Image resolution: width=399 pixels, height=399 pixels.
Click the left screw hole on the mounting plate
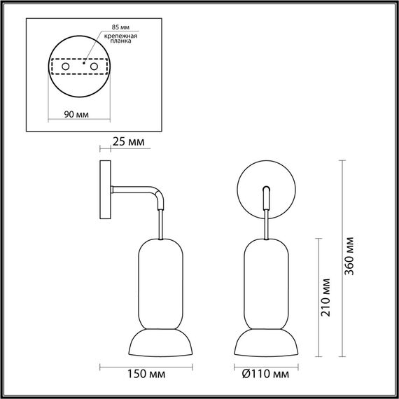tap(65, 66)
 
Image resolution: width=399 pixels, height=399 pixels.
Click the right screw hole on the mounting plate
tap(90, 66)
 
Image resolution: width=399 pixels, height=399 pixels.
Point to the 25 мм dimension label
tap(128, 142)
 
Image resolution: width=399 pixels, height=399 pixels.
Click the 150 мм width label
tap(133, 374)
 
